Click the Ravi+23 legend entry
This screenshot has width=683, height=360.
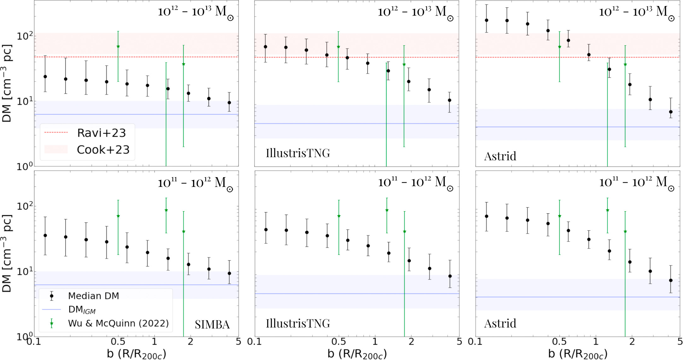[101, 133]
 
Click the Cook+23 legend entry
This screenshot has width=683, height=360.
[103, 150]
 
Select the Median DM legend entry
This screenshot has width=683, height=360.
[93, 296]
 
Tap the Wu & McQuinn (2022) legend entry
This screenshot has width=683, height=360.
[118, 323]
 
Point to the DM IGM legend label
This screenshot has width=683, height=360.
[82, 310]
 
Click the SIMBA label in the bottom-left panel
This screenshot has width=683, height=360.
[212, 324]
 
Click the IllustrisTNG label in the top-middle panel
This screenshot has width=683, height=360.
[298, 153]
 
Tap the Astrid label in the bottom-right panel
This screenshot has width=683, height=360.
[500, 323]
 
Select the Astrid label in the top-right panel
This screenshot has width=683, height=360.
[500, 156]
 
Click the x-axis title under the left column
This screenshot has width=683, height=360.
[136, 354]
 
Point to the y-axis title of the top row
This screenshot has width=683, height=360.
[7, 84]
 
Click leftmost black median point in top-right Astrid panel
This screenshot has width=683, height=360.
[487, 20]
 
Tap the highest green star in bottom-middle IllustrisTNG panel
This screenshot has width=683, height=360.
[387, 210]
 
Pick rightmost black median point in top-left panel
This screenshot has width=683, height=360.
[229, 103]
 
